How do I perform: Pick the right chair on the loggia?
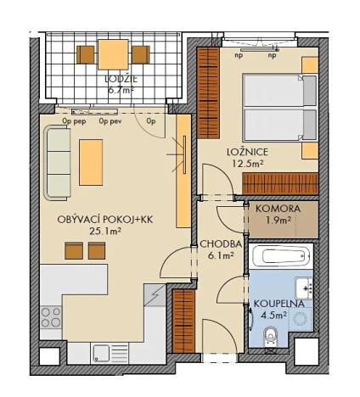coord(140,54)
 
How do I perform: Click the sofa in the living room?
coord(58,161)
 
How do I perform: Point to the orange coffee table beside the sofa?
coord(91,161)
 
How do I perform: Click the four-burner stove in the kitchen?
coord(51,317)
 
